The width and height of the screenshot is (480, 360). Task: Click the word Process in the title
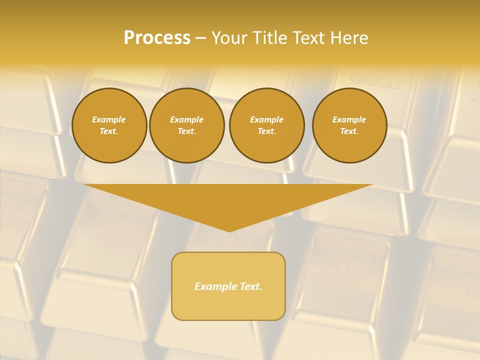[x=157, y=38]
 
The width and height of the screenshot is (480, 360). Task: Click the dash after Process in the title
[x=200, y=38]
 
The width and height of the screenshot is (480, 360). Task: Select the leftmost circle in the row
[x=109, y=125]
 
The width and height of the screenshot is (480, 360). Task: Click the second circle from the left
[x=187, y=125]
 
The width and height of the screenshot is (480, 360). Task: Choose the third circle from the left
[x=266, y=125]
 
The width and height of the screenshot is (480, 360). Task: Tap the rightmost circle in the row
[x=349, y=125]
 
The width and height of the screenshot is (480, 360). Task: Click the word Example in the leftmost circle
[x=109, y=119]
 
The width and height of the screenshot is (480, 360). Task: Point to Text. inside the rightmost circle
[x=349, y=131]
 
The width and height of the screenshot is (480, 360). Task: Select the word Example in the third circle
[x=266, y=119]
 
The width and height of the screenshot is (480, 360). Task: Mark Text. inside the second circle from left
[x=187, y=131]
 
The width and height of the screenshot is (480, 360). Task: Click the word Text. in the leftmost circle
[x=109, y=131]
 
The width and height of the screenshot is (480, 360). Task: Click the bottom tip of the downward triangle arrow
[x=228, y=230]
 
